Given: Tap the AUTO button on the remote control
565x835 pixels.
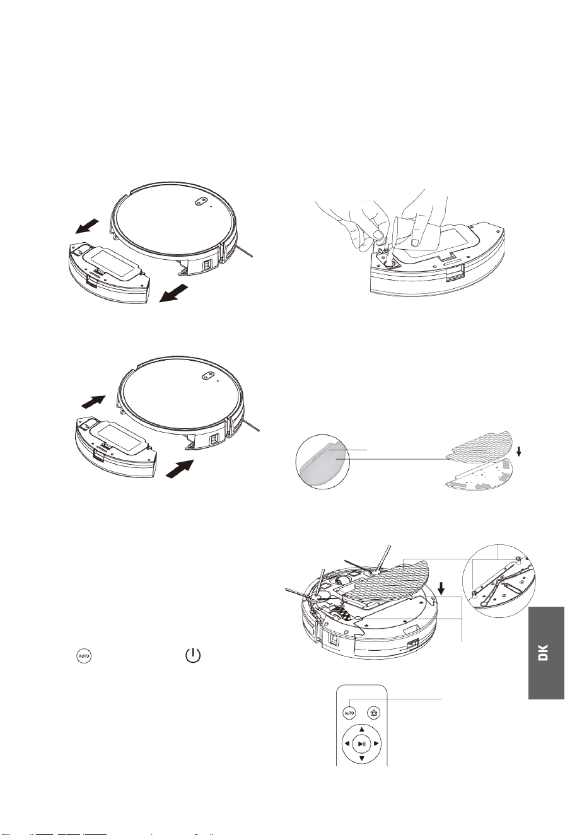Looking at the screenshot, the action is pos(349,713).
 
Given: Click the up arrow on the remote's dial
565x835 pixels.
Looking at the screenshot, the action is pos(361,729).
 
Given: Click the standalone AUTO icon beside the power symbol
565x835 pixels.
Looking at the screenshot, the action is pos(83,656).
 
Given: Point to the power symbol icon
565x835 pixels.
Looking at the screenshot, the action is pos(193,655).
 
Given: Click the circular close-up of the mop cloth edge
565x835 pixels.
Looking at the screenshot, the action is pos(323,462).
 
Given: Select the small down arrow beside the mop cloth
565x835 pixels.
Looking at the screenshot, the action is pos(519,452).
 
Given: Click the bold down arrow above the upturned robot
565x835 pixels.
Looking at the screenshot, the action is pos(441,589).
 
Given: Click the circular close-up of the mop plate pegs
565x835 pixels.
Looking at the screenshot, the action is pos(499,580).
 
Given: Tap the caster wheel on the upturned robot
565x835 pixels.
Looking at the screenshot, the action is pos(341,581).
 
